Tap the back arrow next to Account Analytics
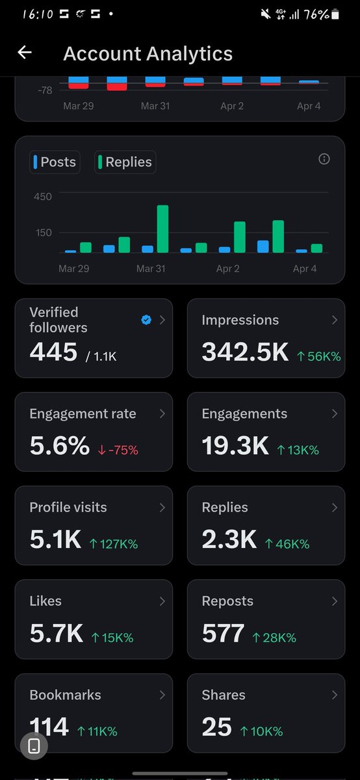point(25,53)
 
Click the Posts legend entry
point(55,162)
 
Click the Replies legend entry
point(125,162)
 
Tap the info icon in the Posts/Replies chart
point(324,159)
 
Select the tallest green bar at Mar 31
point(162,229)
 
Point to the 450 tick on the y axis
point(43,196)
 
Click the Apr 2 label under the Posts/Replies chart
point(228,268)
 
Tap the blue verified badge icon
point(146,319)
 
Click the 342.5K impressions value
point(245,352)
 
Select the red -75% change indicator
point(118,449)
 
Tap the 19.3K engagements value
point(235,446)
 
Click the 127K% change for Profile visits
point(113,543)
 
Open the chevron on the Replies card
point(335,507)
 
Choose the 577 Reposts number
point(223,634)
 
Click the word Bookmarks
point(65,695)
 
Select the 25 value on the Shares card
point(216,727)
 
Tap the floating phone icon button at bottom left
point(34,746)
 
